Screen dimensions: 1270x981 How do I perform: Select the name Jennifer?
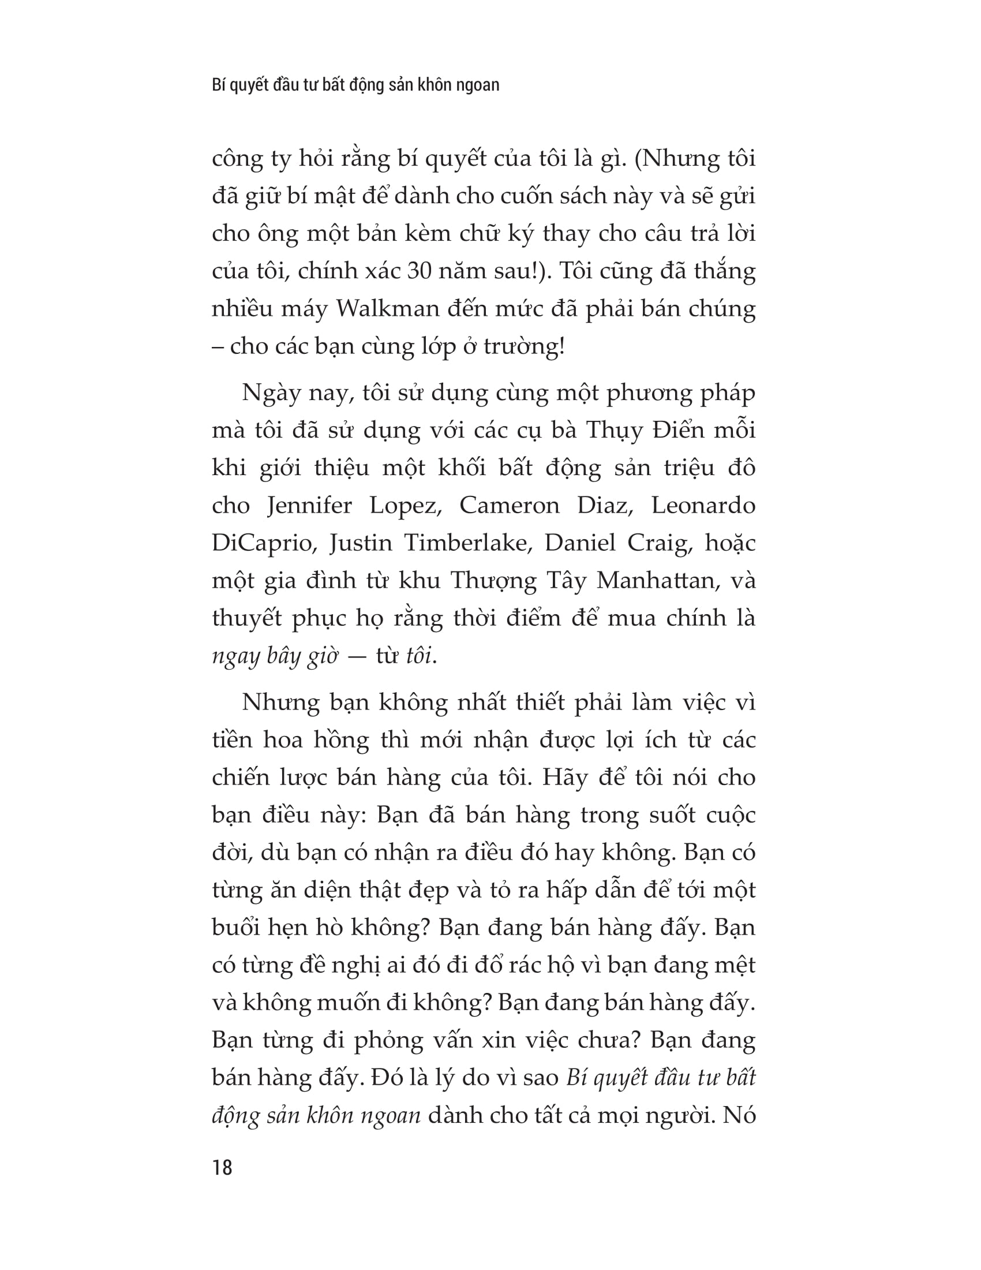(309, 505)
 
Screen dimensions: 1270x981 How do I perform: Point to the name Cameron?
(509, 505)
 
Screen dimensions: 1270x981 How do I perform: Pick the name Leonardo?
(703, 505)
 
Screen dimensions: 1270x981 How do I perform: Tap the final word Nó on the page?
(739, 1115)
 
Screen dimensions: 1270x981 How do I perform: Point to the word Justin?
(362, 543)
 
